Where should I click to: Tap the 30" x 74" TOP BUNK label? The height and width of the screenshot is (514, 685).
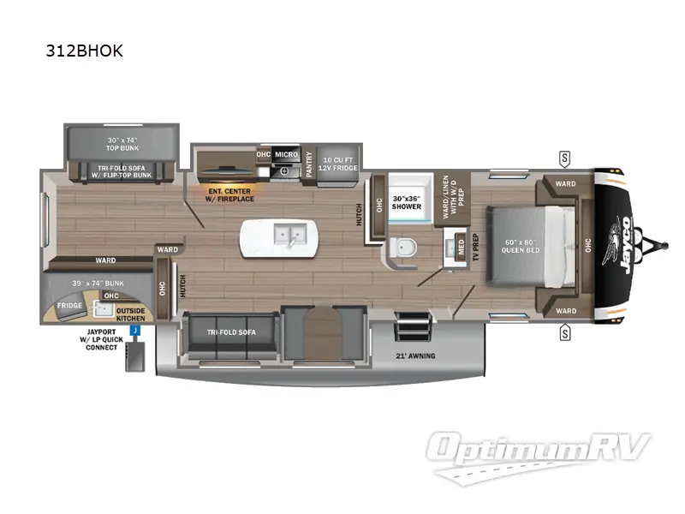122,143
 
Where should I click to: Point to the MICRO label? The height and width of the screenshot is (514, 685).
286,155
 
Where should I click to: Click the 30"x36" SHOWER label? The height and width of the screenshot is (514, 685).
407,201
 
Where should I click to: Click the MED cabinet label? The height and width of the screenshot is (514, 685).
461,248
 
